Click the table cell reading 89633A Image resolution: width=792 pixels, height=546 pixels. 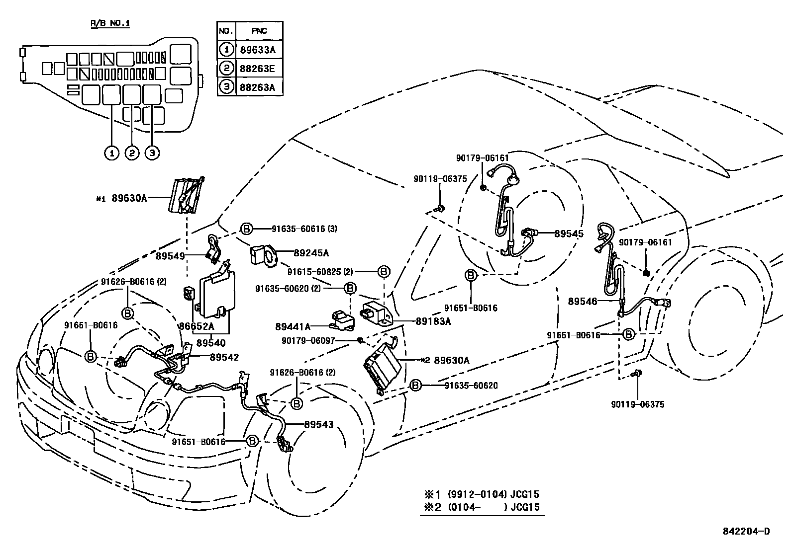pos(258,50)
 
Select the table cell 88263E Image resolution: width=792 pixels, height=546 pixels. pos(258,69)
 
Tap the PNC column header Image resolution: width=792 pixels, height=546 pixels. pos(259,31)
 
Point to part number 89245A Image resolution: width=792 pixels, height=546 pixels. pos(311,253)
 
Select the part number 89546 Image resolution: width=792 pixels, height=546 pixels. pos(583,301)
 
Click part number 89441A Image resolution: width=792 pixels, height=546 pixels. pos(293,326)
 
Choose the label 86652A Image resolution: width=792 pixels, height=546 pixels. pos(197,326)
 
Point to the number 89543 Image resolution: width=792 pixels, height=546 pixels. pos(318,425)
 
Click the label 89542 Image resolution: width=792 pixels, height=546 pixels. pos(224,357)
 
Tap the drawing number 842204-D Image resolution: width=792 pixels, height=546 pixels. pos(746,531)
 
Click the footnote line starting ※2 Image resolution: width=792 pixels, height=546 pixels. pos(481,508)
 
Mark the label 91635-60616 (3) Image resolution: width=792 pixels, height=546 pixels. pos(304,229)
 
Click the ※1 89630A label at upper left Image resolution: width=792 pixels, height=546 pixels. pos(122,198)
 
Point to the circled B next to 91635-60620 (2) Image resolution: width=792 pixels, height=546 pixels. pos(350,288)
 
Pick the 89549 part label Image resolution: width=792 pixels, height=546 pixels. pos(170,256)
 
